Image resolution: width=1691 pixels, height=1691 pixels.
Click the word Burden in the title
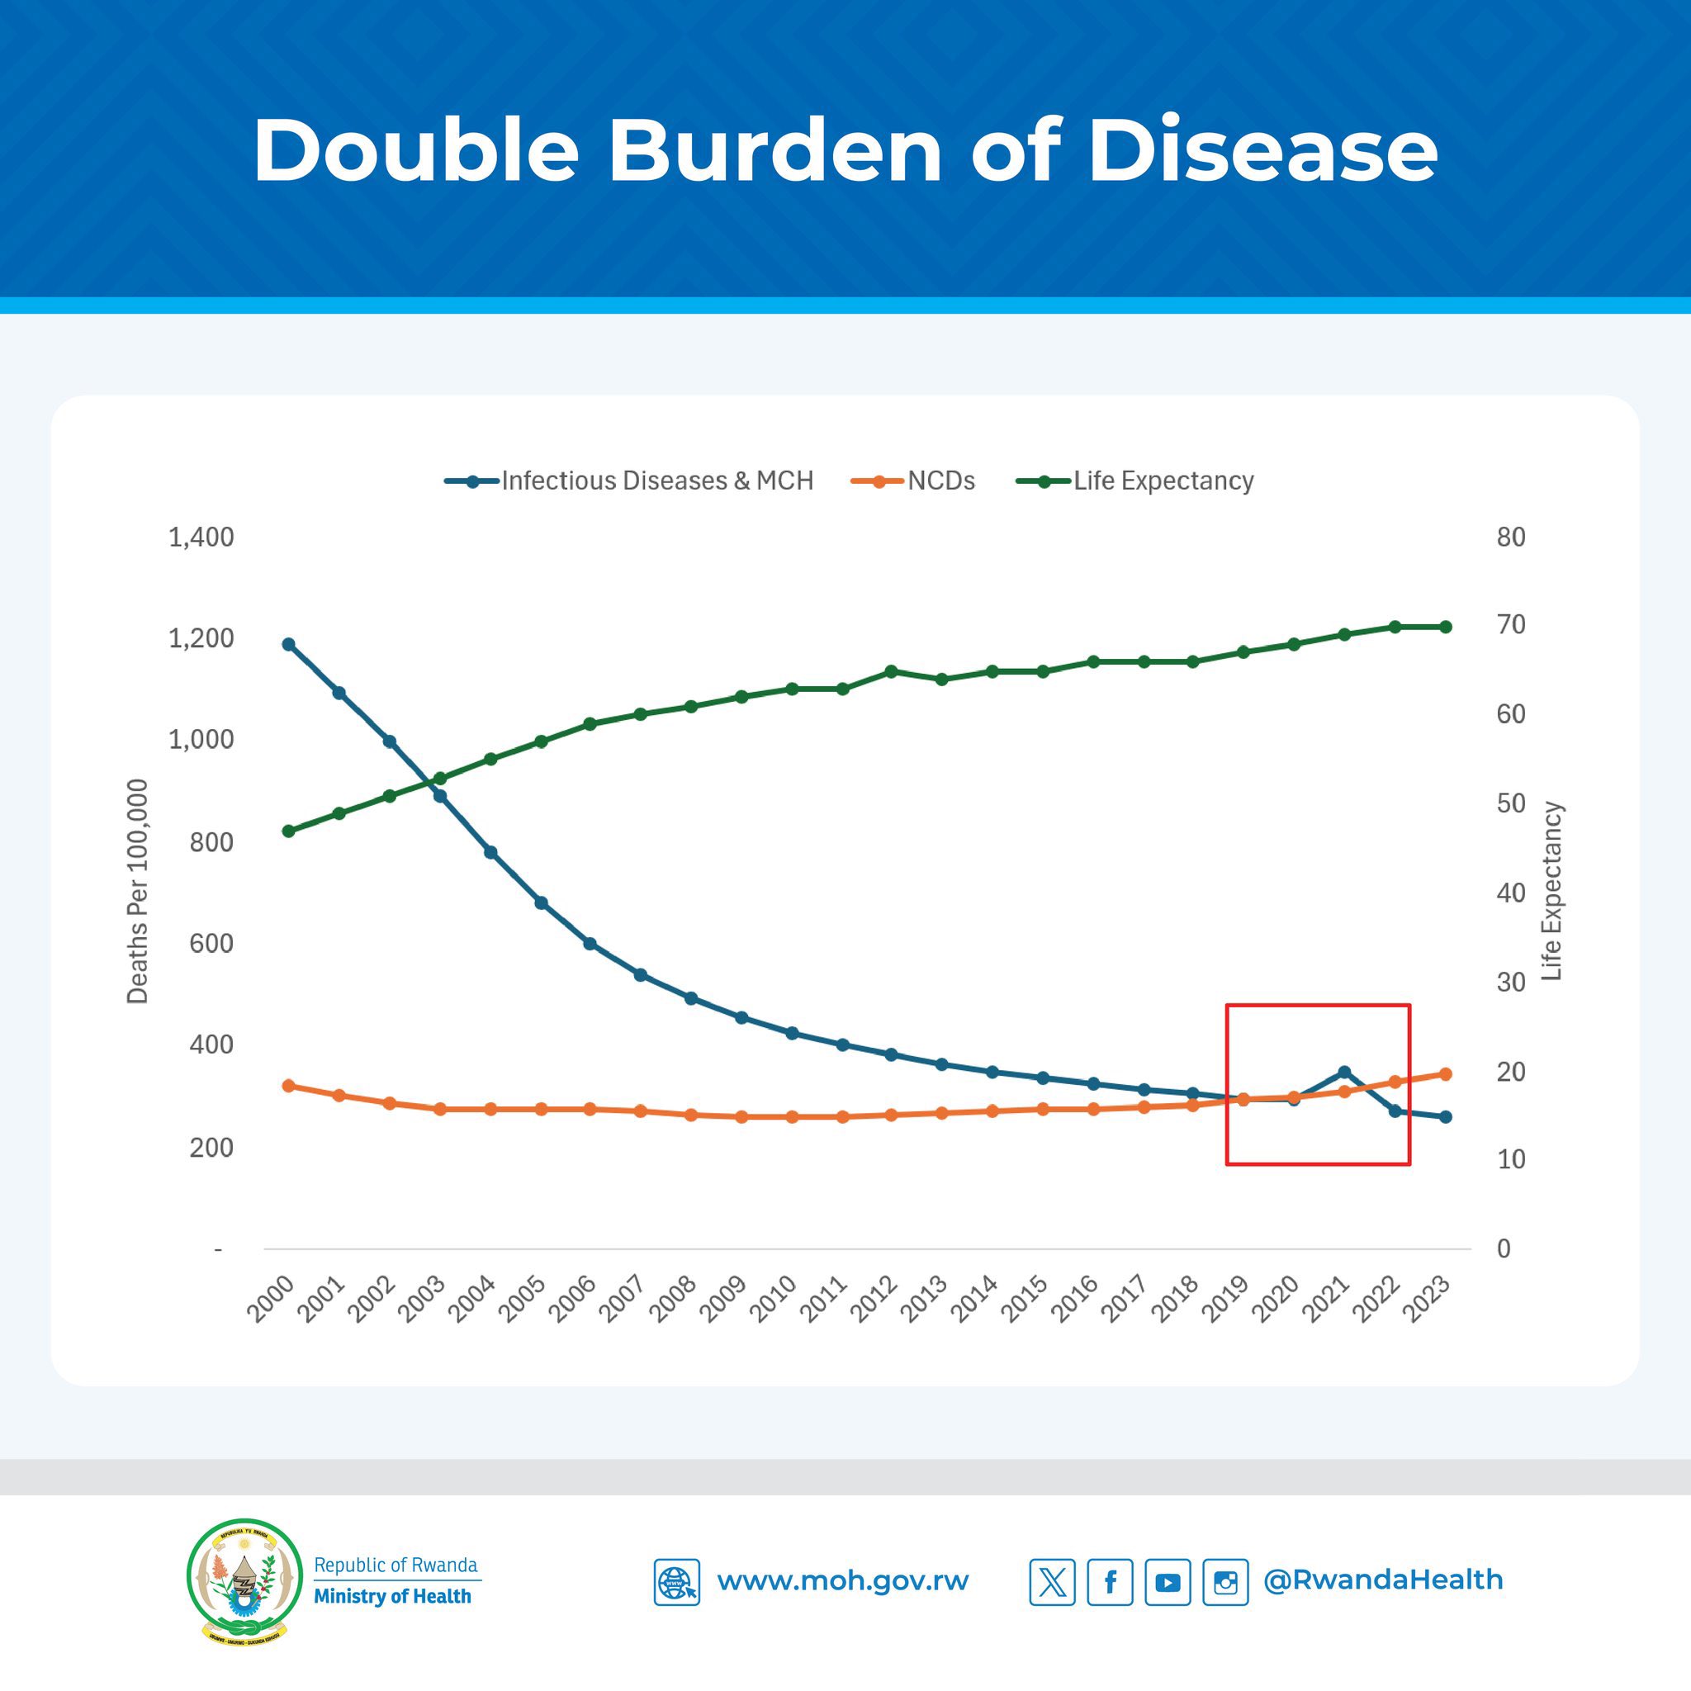coord(774,150)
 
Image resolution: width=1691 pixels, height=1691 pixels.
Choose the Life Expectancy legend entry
coord(1163,481)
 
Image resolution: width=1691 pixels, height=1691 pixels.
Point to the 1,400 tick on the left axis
coord(201,537)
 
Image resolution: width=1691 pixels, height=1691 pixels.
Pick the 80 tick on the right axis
coord(1511,537)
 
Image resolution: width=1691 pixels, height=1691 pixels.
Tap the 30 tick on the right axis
coord(1511,982)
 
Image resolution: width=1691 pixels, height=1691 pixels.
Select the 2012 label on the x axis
coord(874,1300)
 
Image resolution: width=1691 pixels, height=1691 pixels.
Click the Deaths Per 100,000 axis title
coord(137,891)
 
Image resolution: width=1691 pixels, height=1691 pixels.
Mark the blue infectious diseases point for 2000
coord(289,644)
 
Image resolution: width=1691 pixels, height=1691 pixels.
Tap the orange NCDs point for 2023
coord(1445,1074)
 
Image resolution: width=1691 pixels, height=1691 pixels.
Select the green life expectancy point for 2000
coord(289,831)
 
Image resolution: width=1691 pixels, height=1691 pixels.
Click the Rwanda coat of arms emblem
coord(244,1580)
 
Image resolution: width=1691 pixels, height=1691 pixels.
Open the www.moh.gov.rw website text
coord(842,1581)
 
